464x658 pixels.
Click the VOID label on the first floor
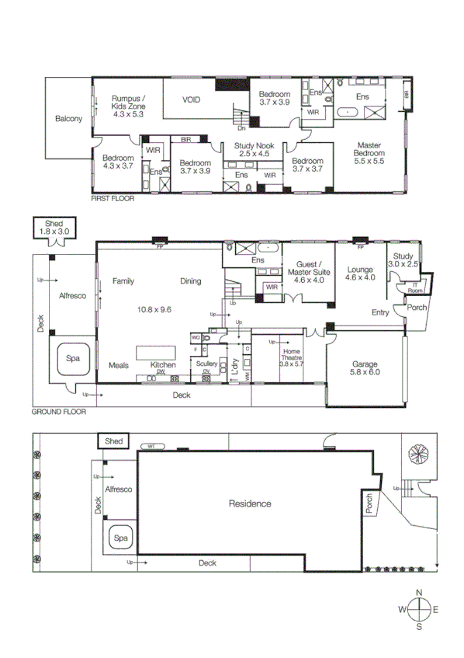click(192, 100)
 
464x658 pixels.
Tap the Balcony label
click(68, 119)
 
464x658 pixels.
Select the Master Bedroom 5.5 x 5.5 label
click(369, 153)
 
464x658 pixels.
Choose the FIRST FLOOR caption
click(113, 199)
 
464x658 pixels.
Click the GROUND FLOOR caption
click(58, 412)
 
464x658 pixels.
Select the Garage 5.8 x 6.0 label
click(364, 367)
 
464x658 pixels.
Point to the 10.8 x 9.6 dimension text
click(154, 309)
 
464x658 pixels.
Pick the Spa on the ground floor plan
click(72, 359)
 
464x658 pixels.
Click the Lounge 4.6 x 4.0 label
click(360, 272)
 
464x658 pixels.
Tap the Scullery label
click(206, 364)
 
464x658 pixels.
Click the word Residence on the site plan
click(250, 503)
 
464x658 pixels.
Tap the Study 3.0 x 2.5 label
click(404, 259)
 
